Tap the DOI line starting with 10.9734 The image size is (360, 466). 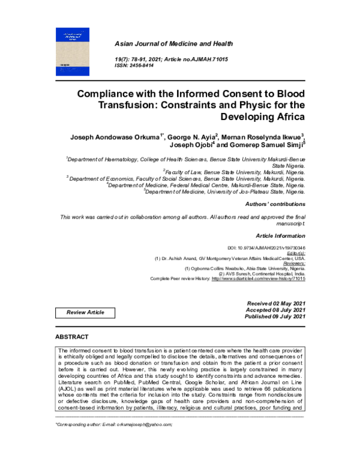(x=275, y=248)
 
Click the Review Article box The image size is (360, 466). (x=85, y=312)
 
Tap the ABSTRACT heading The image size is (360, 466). (x=71, y=337)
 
